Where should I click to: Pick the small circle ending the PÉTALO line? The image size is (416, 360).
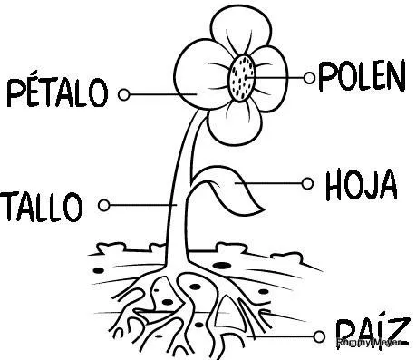click(x=124, y=92)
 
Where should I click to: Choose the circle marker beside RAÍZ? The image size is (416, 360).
click(x=318, y=336)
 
